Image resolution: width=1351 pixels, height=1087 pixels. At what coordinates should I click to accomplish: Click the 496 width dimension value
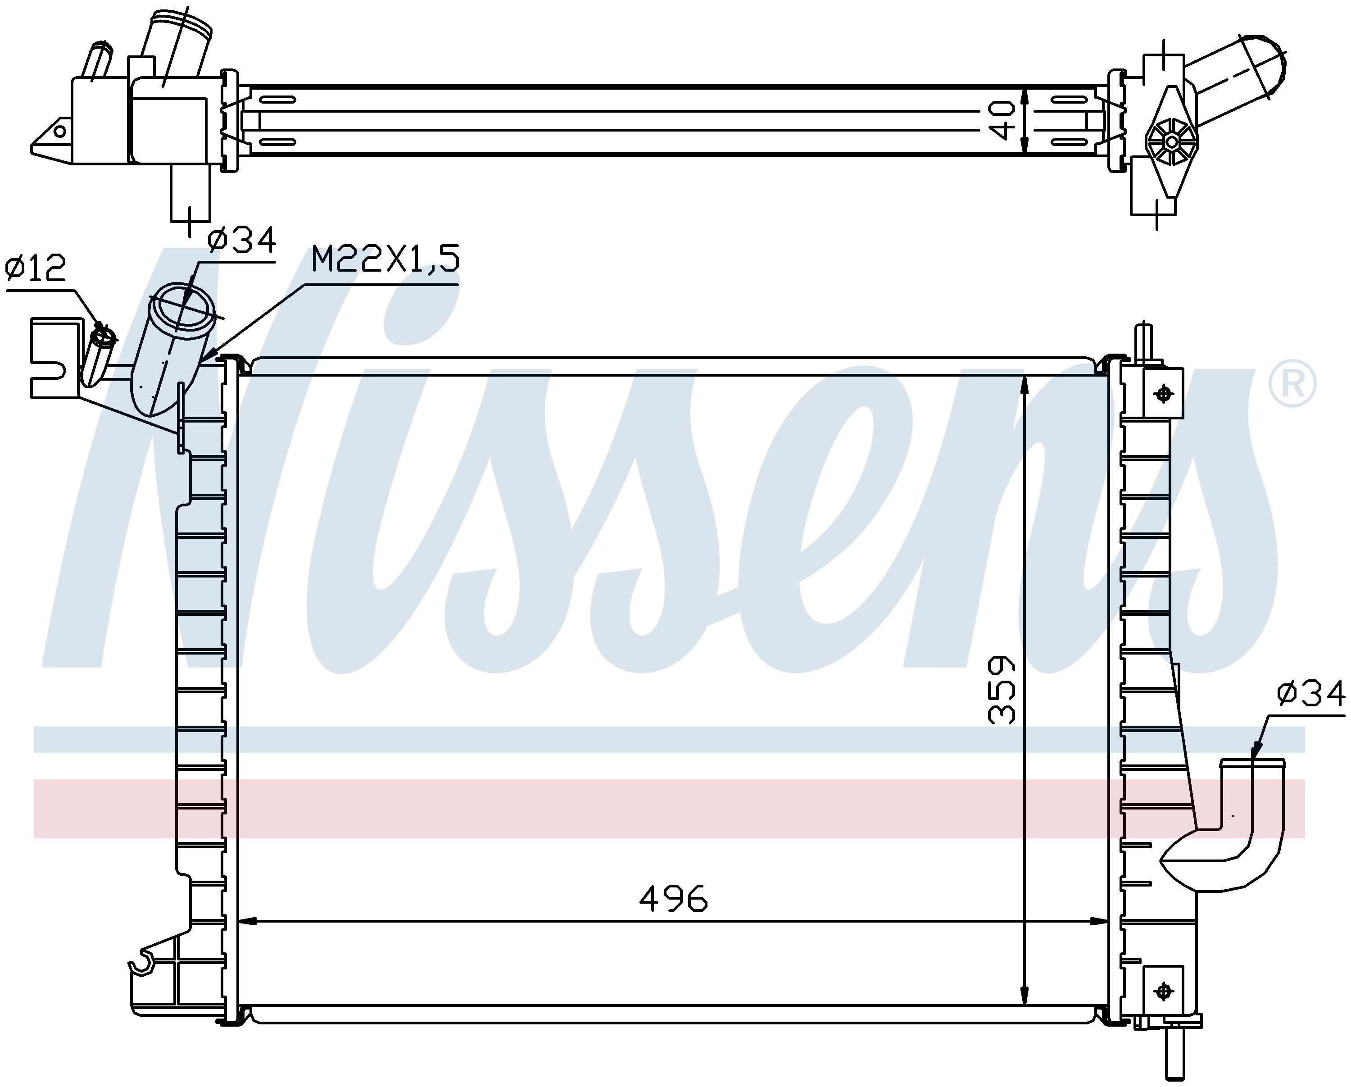(674, 900)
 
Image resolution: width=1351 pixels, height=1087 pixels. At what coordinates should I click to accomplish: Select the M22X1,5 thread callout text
(385, 259)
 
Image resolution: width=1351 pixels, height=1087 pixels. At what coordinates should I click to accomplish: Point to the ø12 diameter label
(35, 269)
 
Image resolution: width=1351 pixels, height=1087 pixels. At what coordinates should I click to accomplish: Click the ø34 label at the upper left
(242, 240)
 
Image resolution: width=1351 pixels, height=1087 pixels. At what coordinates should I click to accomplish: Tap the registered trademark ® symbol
(1292, 384)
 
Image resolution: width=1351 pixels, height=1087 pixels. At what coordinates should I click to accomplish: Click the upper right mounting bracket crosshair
(1164, 394)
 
